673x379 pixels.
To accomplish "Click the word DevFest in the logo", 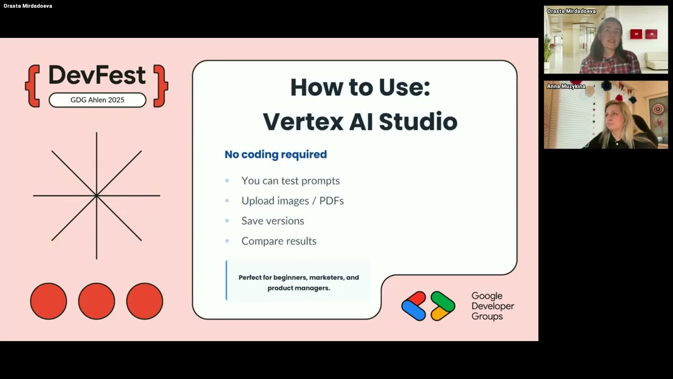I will coord(97,76).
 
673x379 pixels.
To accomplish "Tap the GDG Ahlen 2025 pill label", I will coord(97,100).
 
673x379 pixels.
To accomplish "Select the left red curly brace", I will coord(33,86).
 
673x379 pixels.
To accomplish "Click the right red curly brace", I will coord(160,86).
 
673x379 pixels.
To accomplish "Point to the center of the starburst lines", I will coord(97,196).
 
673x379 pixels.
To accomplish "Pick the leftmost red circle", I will coord(48,301).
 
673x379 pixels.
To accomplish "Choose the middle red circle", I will coord(97,301).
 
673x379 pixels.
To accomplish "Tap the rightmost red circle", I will coord(145,301).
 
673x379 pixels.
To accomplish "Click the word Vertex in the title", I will coord(302,122).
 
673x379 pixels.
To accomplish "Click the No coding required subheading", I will coord(276,154).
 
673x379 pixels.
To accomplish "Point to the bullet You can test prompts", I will coord(290,181).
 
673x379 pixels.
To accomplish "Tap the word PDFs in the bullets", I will coord(331,201).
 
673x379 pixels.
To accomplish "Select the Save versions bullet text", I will coord(272,221).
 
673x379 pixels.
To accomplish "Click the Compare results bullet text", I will coord(279,241).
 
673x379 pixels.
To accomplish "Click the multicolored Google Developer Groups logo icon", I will coord(428,306).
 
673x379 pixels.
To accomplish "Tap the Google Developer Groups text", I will coord(493,306).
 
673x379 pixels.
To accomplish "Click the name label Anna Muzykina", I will coord(566,86).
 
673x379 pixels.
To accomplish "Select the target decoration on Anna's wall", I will coord(658,109).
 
